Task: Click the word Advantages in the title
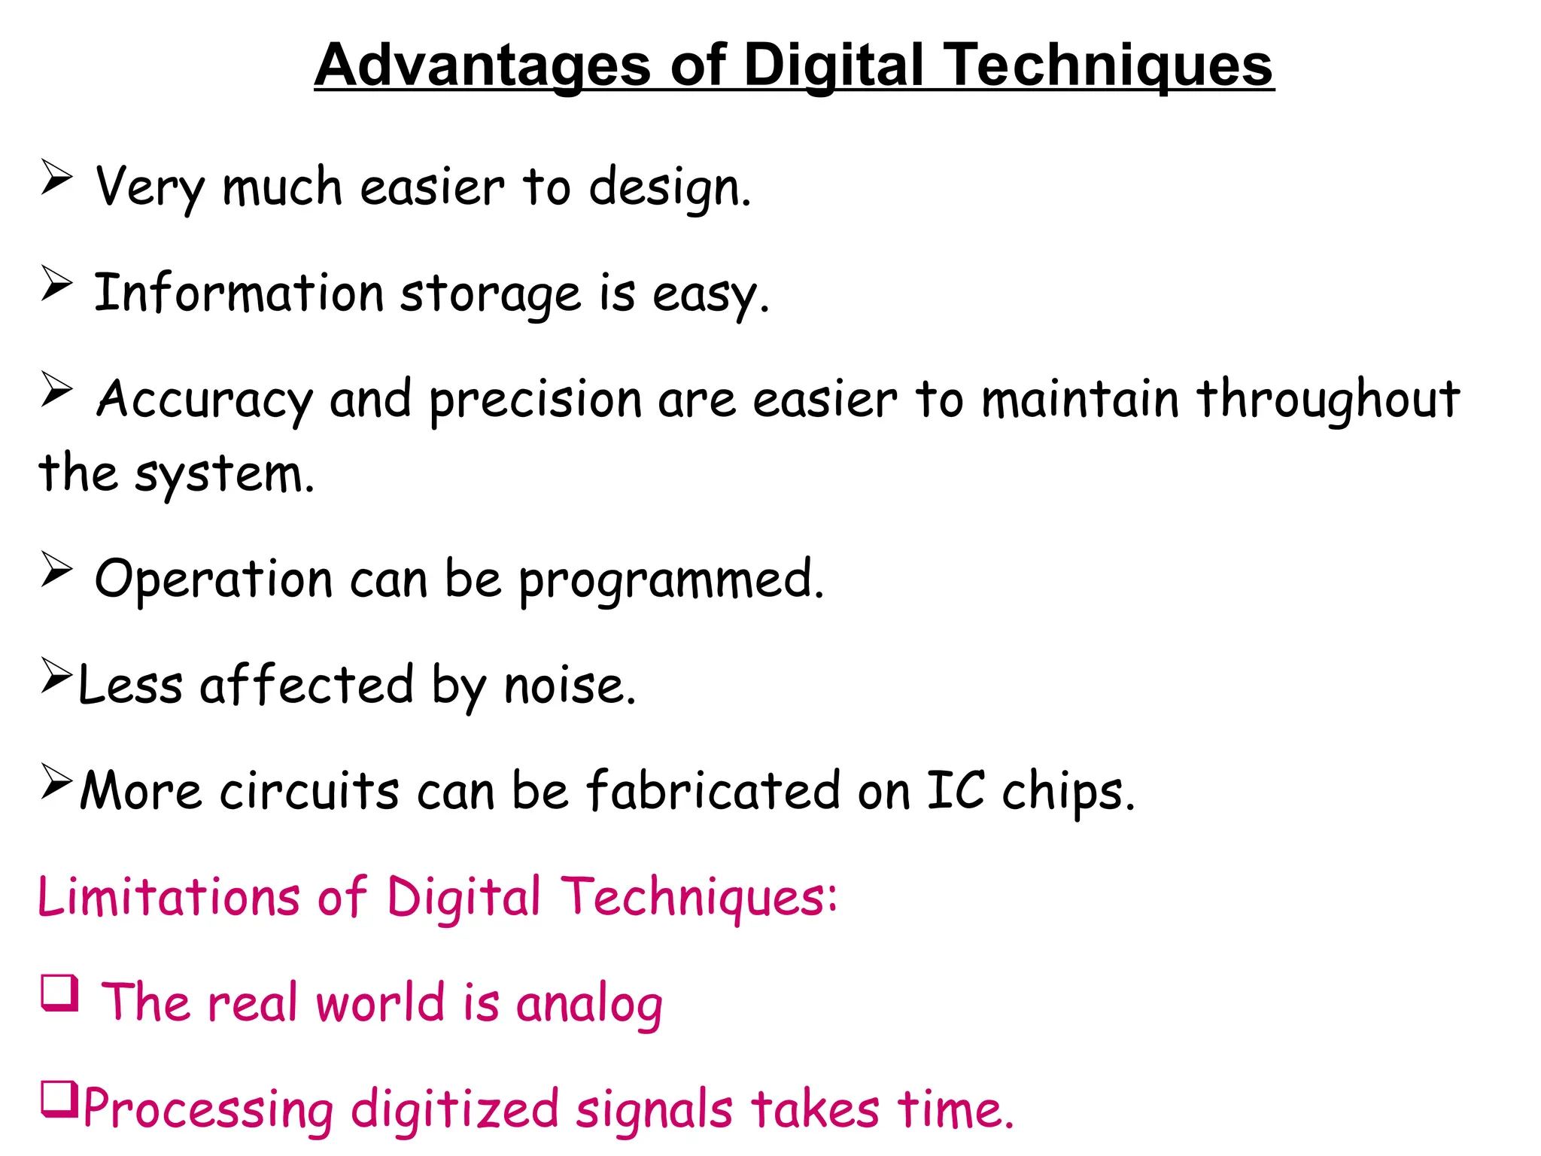[482, 66]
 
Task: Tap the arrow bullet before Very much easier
[56, 178]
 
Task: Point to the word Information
[239, 293]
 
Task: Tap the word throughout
[1328, 399]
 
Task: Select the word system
[223, 475]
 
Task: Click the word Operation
[213, 580]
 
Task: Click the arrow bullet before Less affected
[56, 675]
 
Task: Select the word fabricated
[713, 791]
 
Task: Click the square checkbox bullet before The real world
[59, 993]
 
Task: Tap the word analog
[589, 1005]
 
